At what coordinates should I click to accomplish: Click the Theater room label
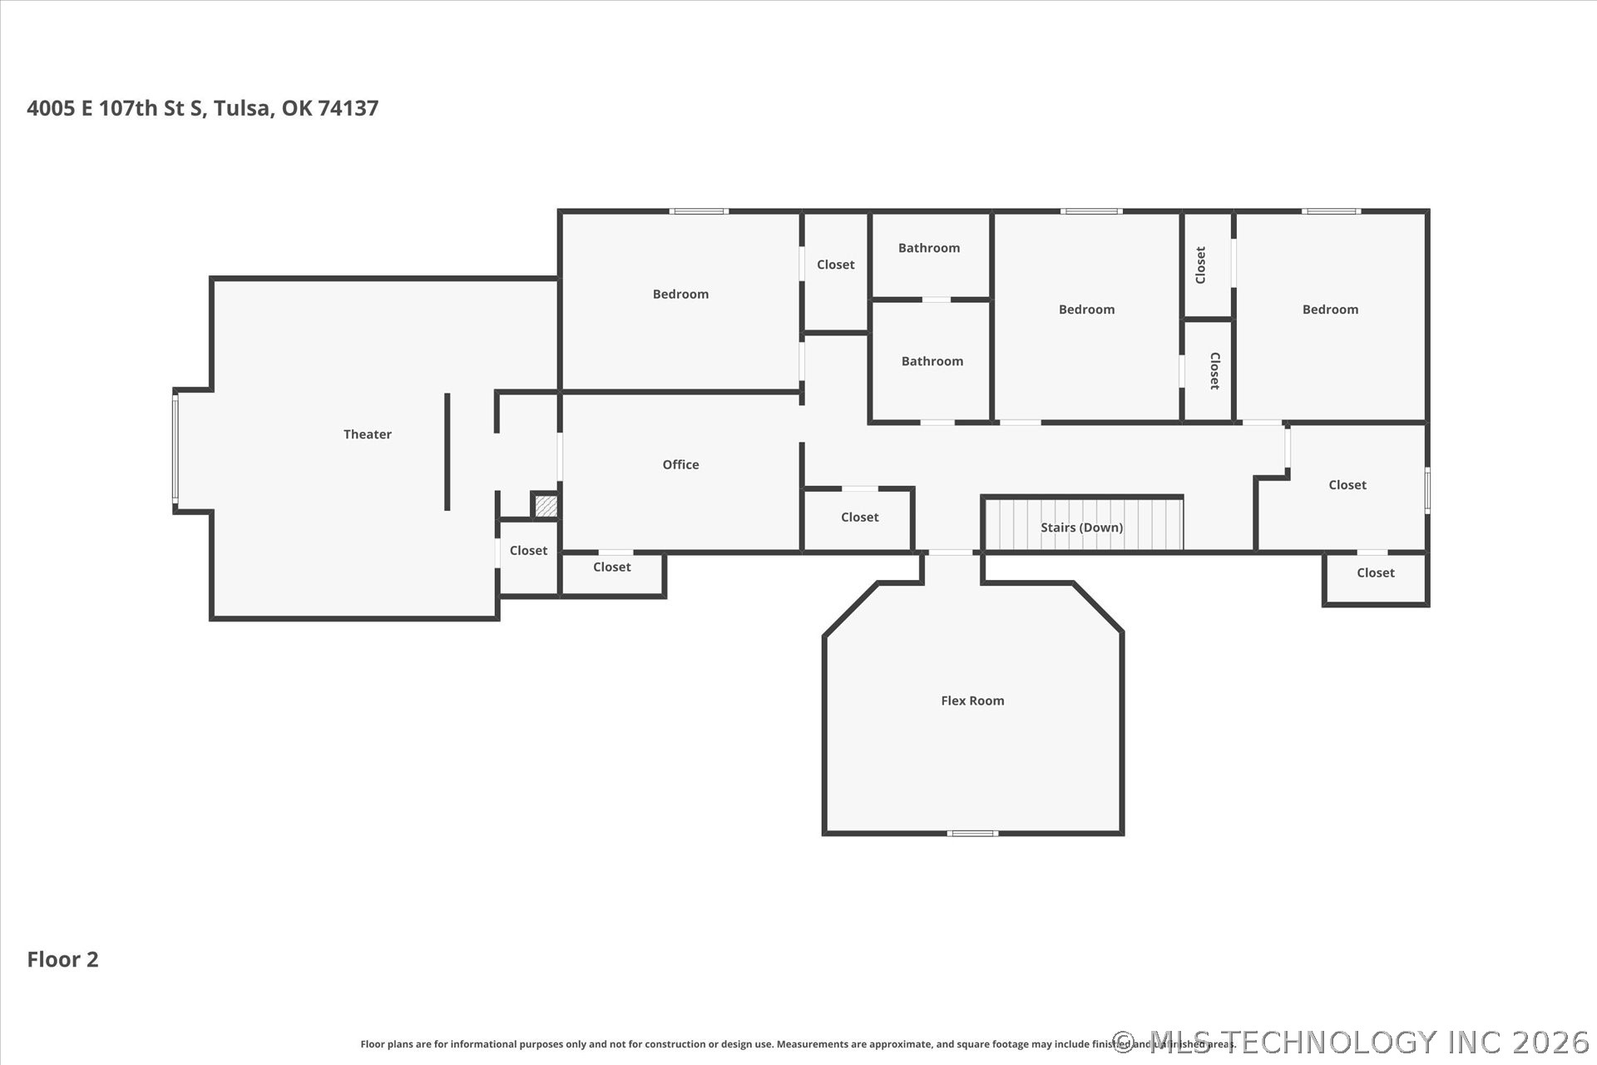(x=368, y=434)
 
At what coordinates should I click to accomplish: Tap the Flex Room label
(x=972, y=701)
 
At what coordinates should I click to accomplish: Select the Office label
(x=680, y=464)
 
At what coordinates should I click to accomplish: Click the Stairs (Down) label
(x=1081, y=528)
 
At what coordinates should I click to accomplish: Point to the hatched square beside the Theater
(x=546, y=505)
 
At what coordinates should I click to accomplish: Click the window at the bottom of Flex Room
(x=973, y=833)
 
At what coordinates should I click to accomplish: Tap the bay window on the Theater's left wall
(x=176, y=449)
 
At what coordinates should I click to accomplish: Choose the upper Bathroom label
(x=929, y=248)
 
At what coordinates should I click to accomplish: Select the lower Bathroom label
(x=932, y=361)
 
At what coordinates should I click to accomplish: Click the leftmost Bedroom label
(x=680, y=294)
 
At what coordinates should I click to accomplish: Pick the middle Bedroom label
(x=1086, y=310)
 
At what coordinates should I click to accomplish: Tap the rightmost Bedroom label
(x=1330, y=310)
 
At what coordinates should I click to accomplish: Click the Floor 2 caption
(x=62, y=959)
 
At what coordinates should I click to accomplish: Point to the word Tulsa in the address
(x=242, y=108)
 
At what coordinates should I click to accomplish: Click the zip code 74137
(x=349, y=108)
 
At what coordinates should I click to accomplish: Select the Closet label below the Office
(x=611, y=567)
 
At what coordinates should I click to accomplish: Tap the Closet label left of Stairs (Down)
(x=859, y=518)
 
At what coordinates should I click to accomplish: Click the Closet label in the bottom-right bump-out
(x=1376, y=572)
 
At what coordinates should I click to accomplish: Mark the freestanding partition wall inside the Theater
(x=447, y=452)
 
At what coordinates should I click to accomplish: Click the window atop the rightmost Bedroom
(x=1331, y=211)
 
